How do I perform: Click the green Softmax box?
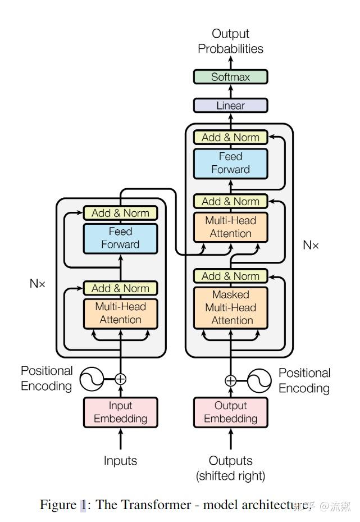[230, 77]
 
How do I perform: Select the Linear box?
[230, 106]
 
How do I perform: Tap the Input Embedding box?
[120, 412]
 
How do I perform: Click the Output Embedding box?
[230, 412]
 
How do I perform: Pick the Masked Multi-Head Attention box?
[230, 307]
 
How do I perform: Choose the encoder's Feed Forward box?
[120, 238]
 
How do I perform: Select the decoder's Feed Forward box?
[230, 163]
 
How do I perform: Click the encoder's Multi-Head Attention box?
[120, 313]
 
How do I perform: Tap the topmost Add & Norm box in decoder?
[230, 137]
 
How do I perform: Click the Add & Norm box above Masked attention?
[230, 276]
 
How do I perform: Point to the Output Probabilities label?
[230, 42]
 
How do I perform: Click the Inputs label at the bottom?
[120, 461]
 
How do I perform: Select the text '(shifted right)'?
[230, 476]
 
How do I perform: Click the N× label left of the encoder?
[38, 283]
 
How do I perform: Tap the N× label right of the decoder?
[311, 245]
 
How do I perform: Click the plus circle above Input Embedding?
[120, 379]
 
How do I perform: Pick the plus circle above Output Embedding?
[230, 380]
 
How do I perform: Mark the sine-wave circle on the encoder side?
[91, 379]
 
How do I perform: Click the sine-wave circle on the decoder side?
[259, 381]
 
